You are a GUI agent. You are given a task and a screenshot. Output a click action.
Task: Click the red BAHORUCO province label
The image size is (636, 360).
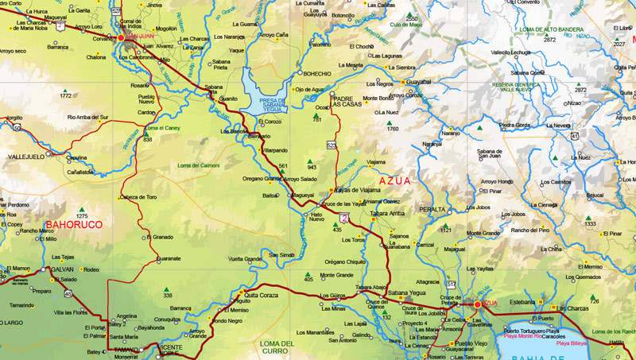[74, 225]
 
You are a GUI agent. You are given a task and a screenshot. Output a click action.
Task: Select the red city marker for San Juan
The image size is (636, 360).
[122, 37]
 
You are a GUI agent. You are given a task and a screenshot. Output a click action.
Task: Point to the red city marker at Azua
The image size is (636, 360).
[478, 304]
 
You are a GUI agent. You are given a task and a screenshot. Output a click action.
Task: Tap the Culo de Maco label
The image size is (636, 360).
[405, 25]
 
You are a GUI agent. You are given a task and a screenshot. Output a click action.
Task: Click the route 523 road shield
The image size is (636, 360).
[332, 145]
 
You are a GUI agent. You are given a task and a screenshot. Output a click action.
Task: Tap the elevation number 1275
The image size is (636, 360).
[81, 216]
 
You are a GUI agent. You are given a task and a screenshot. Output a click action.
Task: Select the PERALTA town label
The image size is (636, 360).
[432, 209]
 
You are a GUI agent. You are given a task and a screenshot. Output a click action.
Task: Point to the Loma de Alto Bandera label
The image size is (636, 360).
[550, 29]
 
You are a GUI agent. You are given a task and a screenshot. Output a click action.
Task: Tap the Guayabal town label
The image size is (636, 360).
[418, 81]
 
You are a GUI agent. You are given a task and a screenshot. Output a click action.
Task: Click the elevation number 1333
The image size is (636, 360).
[590, 224]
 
